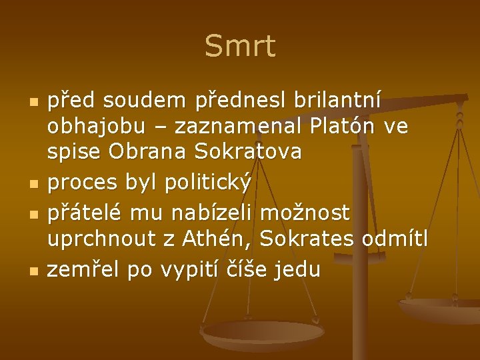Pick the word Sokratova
click(248, 153)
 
